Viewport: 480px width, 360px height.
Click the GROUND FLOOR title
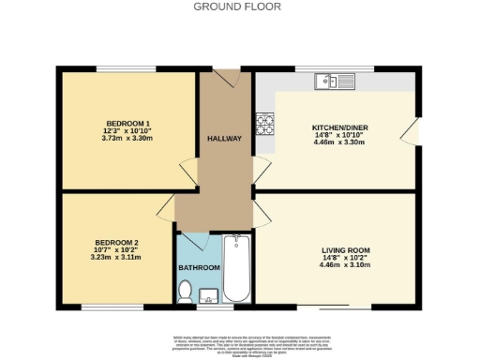240,6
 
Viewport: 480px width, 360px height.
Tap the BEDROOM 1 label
127,124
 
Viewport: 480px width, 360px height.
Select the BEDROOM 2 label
117,242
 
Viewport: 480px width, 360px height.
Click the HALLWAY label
224,139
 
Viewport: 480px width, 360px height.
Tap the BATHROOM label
199,268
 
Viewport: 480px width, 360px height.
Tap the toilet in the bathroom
185,292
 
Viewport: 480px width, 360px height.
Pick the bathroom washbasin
210,297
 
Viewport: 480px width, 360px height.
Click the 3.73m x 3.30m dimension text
127,139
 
